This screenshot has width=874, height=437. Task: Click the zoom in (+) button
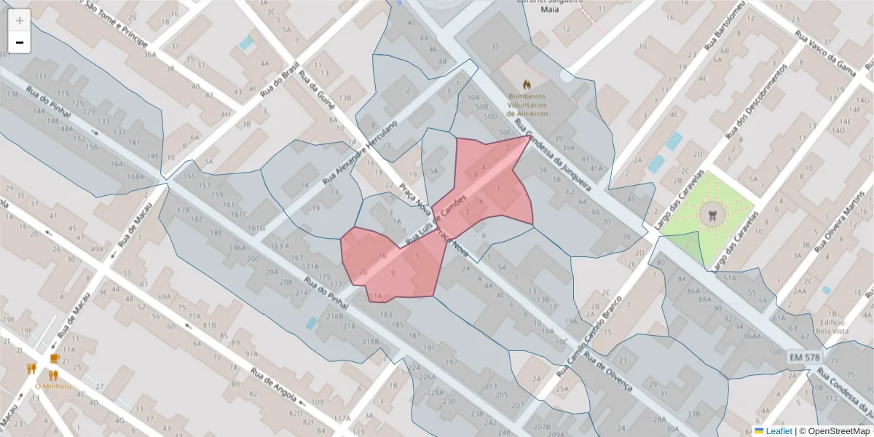click(20, 20)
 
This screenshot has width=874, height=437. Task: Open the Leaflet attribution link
click(779, 431)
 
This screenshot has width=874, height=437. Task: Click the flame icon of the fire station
click(527, 84)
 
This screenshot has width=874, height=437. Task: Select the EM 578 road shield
click(804, 358)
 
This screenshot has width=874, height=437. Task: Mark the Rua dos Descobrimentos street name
click(757, 101)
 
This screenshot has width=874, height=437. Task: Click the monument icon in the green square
click(712, 216)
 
